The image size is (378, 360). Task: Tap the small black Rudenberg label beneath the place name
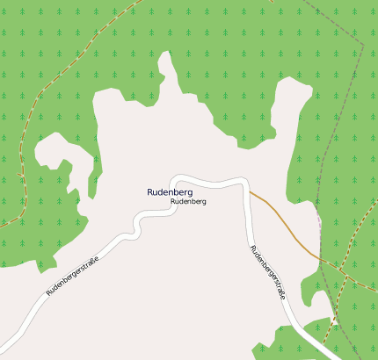click(188, 202)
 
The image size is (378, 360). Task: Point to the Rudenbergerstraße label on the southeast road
click(267, 273)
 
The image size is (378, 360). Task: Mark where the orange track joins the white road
click(250, 191)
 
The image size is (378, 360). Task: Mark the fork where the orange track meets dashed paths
click(322, 260)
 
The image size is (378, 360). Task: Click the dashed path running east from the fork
click(356, 277)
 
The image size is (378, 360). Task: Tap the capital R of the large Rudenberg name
click(150, 191)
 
